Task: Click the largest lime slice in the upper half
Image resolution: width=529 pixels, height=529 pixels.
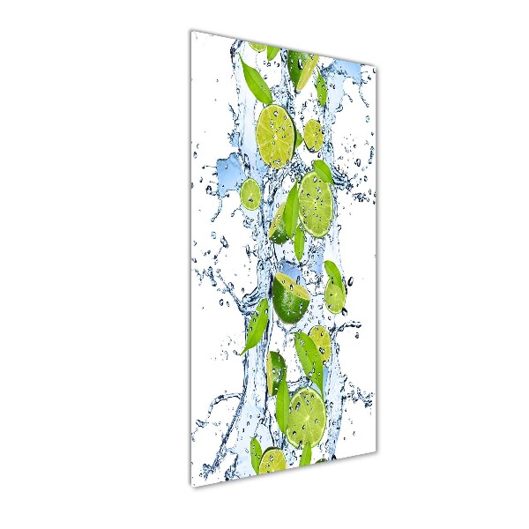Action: (x=276, y=136)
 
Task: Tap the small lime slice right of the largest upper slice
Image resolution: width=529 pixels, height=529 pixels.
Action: (x=313, y=136)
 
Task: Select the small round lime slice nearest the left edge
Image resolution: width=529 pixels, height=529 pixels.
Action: (x=250, y=193)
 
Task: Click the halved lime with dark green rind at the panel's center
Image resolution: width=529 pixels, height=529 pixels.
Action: (x=290, y=300)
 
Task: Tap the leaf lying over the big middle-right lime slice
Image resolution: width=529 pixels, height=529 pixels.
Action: (x=292, y=212)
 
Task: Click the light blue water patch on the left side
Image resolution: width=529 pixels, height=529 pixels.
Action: (x=231, y=168)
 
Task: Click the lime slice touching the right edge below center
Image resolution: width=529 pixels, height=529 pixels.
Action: (x=335, y=296)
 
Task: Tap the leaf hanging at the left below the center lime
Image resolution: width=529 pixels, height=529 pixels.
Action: (x=256, y=326)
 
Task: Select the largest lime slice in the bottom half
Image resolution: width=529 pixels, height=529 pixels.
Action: (x=306, y=417)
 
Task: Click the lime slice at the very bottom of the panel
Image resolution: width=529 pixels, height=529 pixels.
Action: (x=272, y=460)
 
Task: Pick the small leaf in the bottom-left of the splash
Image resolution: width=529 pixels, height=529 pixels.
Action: (x=256, y=452)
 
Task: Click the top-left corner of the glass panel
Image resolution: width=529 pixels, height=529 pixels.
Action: (x=192, y=31)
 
